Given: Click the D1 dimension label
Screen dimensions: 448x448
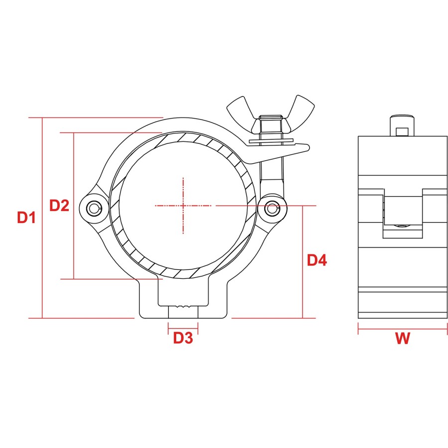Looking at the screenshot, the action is coord(26,218).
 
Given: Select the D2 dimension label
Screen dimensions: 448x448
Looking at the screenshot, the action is coord(59,205).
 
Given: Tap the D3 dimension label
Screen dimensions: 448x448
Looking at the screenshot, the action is coord(183,337).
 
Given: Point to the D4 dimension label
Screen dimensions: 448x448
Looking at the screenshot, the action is coord(317,260).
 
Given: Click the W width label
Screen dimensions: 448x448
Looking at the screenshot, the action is coord(403,338).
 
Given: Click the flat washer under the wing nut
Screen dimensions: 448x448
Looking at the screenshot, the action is coord(271,141).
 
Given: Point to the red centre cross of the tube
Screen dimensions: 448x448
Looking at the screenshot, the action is coord(183,206).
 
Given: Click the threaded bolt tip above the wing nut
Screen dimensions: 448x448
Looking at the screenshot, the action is coord(271,117).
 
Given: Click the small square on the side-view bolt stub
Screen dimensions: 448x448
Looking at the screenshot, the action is coord(402,132).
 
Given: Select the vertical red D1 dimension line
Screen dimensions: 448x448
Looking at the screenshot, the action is coord(42,218).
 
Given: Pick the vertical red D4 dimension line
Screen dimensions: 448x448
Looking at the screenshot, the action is coord(303,262).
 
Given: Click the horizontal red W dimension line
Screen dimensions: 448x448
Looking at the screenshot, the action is coord(403,329).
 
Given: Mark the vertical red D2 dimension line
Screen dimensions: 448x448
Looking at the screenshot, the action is coord(74,206).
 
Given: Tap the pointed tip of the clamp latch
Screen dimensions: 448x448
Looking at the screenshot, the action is coord(309,147).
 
